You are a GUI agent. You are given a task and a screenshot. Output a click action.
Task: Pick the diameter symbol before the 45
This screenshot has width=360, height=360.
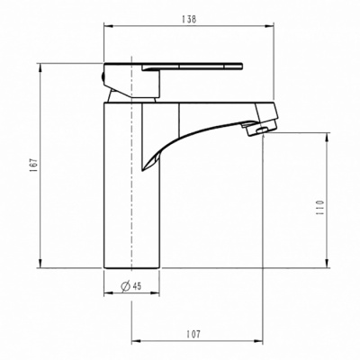127,288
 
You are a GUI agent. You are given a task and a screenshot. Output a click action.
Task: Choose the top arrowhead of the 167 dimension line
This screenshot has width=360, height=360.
40,65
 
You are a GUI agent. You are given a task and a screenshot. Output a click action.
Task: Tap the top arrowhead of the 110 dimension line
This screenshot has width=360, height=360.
328,135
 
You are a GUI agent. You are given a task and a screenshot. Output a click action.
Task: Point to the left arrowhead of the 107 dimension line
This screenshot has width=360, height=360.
135,342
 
